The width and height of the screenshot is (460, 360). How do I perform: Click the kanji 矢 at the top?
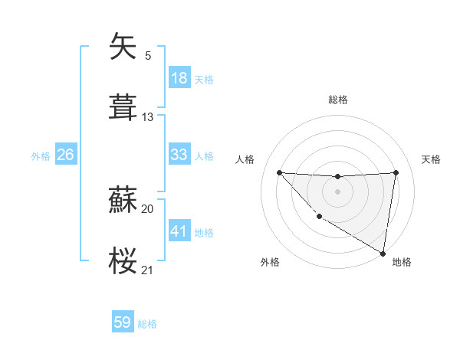tap(123, 47)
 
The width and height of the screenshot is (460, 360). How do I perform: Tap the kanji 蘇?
tap(123, 201)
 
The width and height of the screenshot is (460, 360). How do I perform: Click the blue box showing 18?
tap(179, 78)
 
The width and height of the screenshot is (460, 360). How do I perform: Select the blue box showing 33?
tap(179, 155)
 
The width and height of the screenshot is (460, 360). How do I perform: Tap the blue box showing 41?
tap(179, 231)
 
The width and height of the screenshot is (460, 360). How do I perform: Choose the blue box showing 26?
tap(66, 155)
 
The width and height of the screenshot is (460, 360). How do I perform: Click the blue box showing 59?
tap(123, 322)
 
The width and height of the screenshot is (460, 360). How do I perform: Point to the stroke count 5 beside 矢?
tap(148, 55)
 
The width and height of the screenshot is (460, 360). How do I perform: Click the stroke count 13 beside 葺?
tap(148, 117)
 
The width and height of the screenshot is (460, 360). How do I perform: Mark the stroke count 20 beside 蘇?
tap(148, 209)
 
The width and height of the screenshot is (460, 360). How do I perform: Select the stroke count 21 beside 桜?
tap(148, 270)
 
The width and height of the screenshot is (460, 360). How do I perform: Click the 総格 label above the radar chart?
tap(338, 100)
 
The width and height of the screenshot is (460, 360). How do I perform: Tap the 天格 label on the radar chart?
tap(432, 159)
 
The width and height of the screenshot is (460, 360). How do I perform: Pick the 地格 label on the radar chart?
tap(402, 262)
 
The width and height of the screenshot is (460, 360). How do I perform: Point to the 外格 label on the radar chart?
tap(270, 262)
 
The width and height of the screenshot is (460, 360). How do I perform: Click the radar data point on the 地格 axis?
tap(383, 254)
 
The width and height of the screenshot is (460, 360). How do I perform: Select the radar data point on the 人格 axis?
tap(279, 172)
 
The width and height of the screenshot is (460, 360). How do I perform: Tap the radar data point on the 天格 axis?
tap(396, 172)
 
